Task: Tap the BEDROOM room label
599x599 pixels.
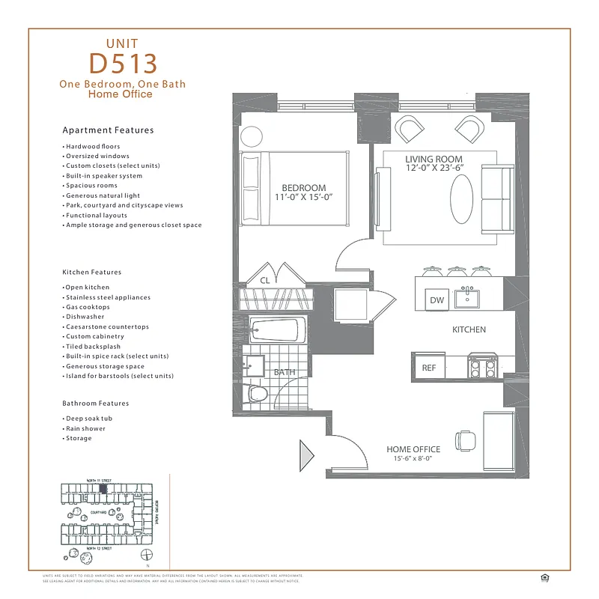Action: pos(304,188)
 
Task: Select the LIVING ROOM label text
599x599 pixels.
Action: pos(434,159)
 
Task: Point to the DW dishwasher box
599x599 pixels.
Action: pos(437,300)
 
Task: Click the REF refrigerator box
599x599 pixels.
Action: pos(429,368)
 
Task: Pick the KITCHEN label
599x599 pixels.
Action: pos(469,329)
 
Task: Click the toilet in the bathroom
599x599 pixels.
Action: pos(258,394)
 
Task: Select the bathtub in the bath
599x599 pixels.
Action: pos(276,330)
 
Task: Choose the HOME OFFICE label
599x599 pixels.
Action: pos(413,450)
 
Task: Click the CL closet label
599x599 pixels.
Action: pos(264,281)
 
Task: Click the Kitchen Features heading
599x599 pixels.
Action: pos(91,272)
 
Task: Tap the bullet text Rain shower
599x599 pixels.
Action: pos(85,428)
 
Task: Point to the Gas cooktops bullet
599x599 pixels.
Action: pos(87,307)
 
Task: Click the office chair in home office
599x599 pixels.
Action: pos(464,440)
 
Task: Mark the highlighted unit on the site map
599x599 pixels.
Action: pos(104,487)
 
